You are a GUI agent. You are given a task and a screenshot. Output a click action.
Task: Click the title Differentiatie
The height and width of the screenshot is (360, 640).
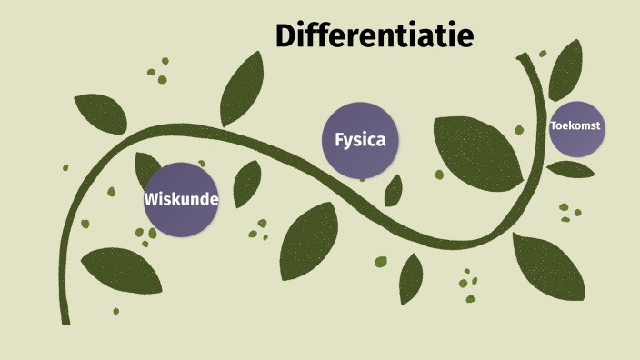374,35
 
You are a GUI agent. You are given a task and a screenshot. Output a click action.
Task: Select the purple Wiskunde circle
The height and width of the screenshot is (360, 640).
182,201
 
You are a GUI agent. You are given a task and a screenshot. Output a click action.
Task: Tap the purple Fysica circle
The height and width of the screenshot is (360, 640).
361,140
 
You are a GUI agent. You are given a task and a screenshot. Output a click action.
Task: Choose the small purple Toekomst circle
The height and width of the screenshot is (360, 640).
577,127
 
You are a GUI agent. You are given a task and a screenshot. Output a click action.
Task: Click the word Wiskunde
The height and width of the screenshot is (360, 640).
182,199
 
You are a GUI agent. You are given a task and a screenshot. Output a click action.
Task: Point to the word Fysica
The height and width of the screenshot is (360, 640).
361,140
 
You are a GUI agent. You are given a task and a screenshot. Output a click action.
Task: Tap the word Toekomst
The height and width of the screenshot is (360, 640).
577,125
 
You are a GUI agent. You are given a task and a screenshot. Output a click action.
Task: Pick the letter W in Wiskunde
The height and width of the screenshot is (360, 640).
151,199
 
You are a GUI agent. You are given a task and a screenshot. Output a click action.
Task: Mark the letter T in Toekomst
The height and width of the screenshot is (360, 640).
554,125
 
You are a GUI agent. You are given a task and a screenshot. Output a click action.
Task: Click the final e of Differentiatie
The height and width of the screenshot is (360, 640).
465,36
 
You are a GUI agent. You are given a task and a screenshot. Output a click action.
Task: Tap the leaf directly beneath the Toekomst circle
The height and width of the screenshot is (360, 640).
571,169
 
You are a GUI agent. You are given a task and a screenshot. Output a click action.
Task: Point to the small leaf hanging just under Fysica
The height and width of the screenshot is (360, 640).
394,191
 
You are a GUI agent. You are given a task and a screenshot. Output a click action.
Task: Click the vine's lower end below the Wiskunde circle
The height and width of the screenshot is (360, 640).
65,318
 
